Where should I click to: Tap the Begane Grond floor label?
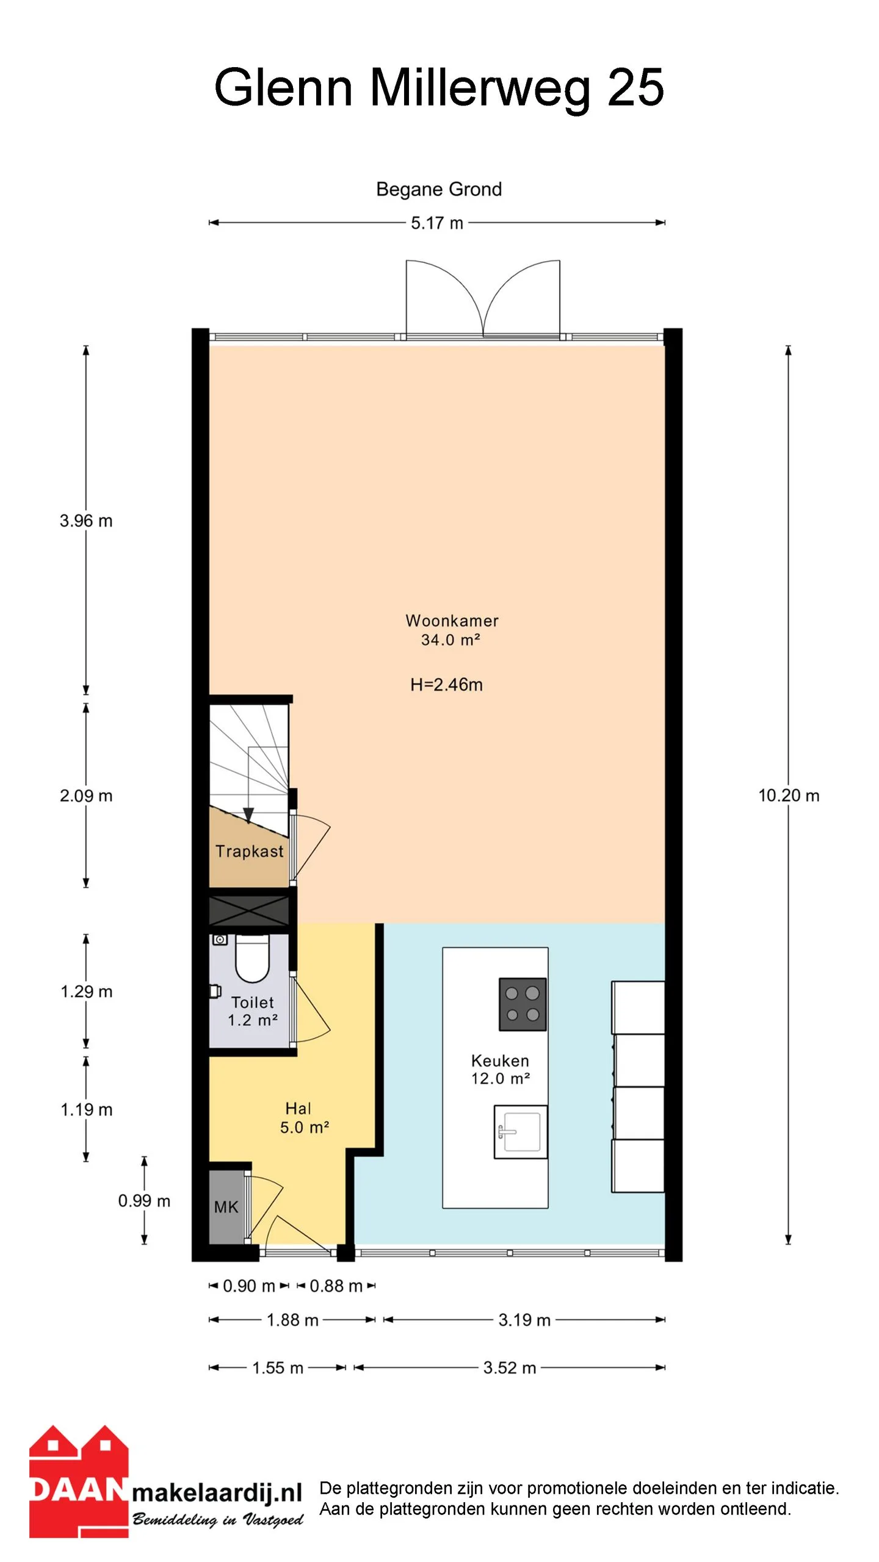(x=439, y=189)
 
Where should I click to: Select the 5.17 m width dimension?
(x=437, y=223)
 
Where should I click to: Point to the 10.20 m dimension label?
(x=789, y=796)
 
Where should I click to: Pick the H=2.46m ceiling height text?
(x=446, y=685)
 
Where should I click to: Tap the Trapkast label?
(x=249, y=851)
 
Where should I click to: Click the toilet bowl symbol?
(x=253, y=959)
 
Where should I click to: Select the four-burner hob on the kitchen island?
(x=523, y=1004)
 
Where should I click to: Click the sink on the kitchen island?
(x=521, y=1132)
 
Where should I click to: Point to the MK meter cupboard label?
(x=226, y=1207)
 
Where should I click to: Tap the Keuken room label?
(x=500, y=1070)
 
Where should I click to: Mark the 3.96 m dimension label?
(x=86, y=521)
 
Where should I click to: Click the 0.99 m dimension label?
(x=144, y=1201)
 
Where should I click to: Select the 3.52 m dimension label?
(x=510, y=1368)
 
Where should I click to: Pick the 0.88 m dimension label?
(x=336, y=1286)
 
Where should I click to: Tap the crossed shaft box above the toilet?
(x=250, y=911)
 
